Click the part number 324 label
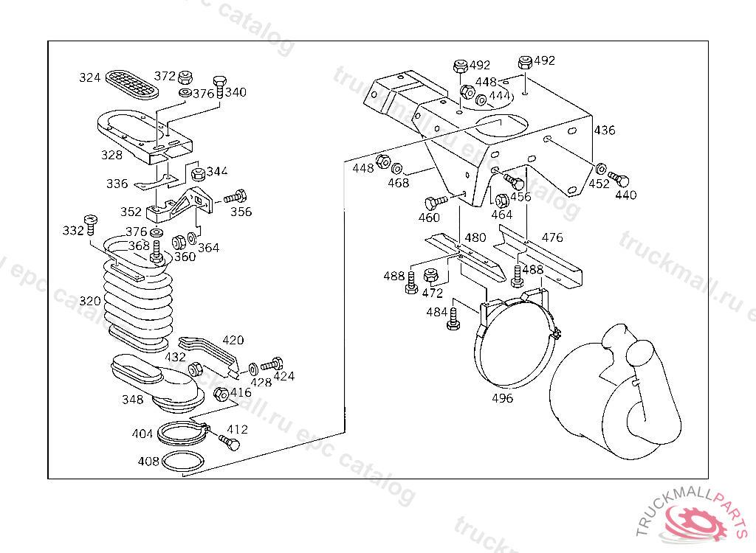[89, 77]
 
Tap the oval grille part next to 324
[133, 83]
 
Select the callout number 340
[236, 92]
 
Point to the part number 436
[604, 131]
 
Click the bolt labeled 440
[619, 179]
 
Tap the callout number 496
[502, 398]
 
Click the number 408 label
[148, 462]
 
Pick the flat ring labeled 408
[183, 462]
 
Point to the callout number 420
[233, 340]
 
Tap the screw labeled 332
[92, 221]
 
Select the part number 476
[551, 237]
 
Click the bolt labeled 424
[272, 364]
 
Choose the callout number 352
[131, 212]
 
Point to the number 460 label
[429, 218]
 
